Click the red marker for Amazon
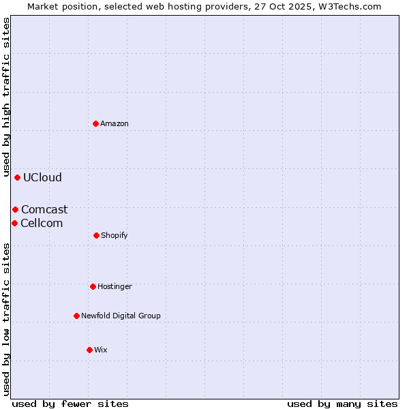[96, 123]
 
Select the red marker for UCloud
[17, 177]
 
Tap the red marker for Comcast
[15, 209]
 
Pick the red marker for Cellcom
[14, 223]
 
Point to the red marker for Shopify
[96, 235]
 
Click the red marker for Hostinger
[93, 286]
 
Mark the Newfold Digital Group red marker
[76, 316]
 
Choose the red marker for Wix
[89, 350]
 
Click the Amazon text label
[115, 123]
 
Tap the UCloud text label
[42, 177]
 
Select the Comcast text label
[44, 209]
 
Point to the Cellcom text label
[42, 223]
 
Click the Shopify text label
[115, 235]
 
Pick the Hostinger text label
[115, 286]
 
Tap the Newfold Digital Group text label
[121, 316]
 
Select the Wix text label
[101, 350]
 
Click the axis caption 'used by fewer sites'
[70, 404]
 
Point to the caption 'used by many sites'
[342, 404]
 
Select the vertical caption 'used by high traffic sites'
[6, 97]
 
